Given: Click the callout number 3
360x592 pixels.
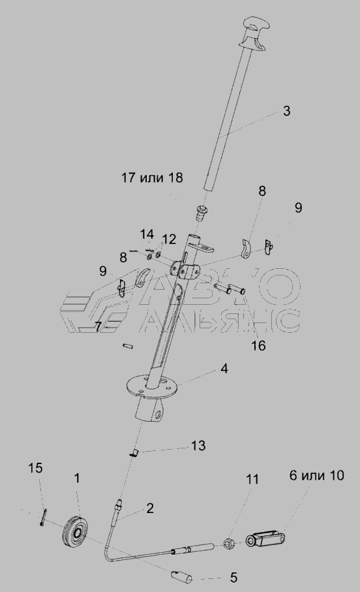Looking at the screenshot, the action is click(x=287, y=111).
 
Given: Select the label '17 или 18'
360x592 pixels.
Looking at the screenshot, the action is click(x=152, y=177).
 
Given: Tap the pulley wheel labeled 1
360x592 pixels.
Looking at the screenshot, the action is click(x=76, y=531).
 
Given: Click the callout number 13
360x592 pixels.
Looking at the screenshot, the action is click(x=198, y=446).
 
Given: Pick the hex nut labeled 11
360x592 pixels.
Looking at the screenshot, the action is click(x=230, y=544).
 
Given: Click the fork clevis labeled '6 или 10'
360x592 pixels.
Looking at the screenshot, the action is click(x=265, y=538).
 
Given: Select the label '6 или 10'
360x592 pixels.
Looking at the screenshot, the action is click(x=317, y=475).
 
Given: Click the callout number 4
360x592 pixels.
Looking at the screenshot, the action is click(x=224, y=369).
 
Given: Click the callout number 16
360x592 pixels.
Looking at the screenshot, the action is click(x=258, y=345).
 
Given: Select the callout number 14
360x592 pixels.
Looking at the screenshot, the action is click(x=147, y=234).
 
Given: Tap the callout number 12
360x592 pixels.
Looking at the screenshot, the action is click(x=170, y=240).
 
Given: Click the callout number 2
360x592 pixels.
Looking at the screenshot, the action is click(x=150, y=508).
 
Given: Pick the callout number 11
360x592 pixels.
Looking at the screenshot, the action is click(x=253, y=480).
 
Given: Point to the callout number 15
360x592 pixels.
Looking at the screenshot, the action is click(x=35, y=468).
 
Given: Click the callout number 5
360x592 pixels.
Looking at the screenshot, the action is click(x=233, y=577).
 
